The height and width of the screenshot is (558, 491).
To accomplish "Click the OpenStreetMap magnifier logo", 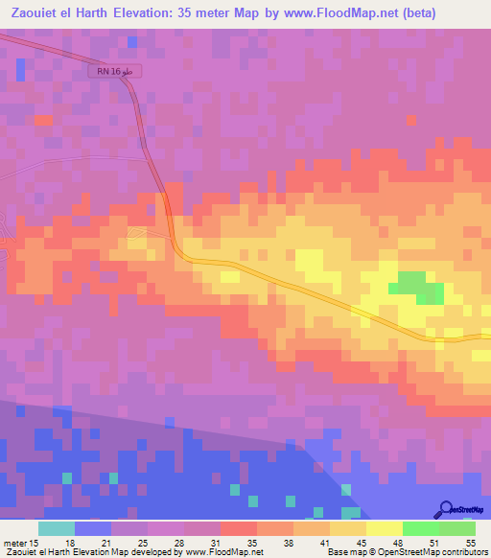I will click(445, 510).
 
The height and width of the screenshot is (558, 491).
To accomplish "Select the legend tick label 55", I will click(471, 542).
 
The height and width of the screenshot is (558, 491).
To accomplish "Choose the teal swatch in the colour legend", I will click(56, 528).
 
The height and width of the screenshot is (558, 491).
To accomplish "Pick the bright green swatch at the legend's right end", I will click(457, 528).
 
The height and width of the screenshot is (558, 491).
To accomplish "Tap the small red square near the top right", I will click(411, 120).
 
